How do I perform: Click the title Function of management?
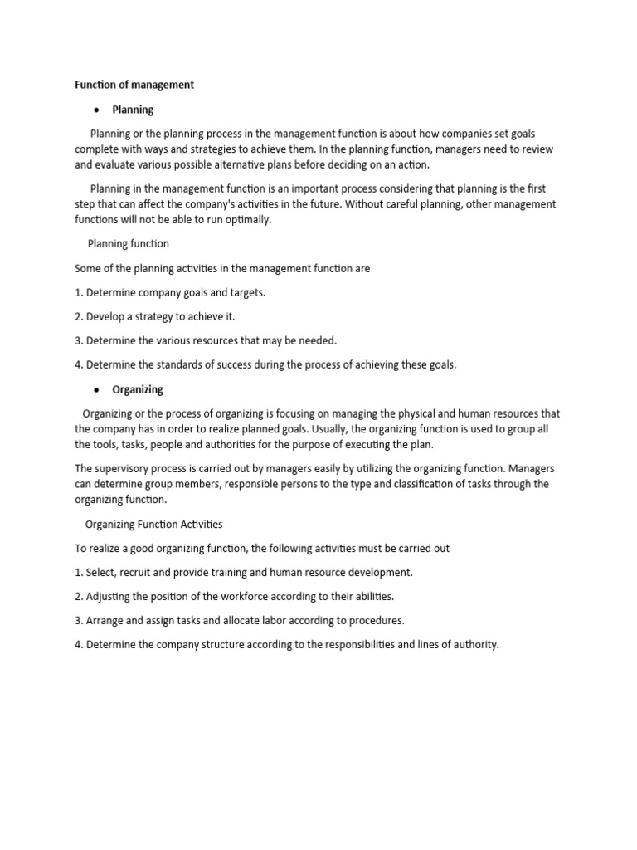134,85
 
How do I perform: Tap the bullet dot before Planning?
97,110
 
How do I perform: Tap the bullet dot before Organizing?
97,389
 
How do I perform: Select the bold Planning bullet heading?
133,110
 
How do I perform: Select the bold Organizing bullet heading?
137,389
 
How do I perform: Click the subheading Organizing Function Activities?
154,525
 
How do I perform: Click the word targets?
245,292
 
